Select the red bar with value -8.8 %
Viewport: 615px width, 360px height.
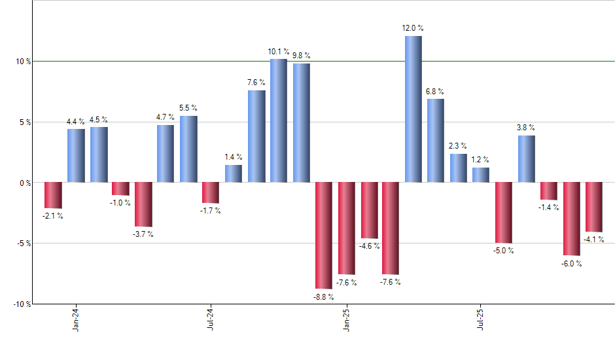tap(324, 235)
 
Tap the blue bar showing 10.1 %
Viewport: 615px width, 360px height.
tap(279, 120)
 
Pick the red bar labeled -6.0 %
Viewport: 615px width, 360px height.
tap(571, 219)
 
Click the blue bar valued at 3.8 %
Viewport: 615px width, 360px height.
tap(527, 158)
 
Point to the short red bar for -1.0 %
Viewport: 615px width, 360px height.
tap(120, 189)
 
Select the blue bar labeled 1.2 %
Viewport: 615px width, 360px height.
tap(481, 175)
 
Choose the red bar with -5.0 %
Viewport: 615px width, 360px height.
tap(504, 213)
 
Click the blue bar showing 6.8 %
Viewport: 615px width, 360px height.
tap(436, 140)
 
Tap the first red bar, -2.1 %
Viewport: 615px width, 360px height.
tap(53, 195)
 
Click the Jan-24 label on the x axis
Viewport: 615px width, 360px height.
tap(76, 319)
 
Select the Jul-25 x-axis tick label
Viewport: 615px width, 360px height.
tap(480, 319)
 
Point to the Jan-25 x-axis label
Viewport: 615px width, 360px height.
tap(345, 319)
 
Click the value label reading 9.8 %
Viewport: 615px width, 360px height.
tap(302, 56)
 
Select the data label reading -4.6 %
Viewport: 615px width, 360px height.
tap(369, 246)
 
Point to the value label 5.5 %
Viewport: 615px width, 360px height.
tap(188, 108)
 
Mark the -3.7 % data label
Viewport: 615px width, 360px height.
tap(144, 234)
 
